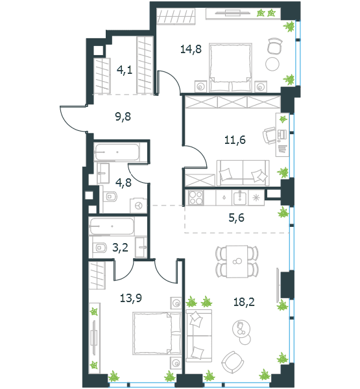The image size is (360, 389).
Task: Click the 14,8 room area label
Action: pos(191,49)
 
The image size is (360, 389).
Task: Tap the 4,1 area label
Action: pos(125,70)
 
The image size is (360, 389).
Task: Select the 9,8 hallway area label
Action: pos(123,116)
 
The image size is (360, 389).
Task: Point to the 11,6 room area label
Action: pos(235,140)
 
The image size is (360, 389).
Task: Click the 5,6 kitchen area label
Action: pos(236,218)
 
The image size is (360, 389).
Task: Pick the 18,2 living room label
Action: pos(244,302)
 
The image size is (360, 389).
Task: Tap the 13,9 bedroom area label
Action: pos(131,298)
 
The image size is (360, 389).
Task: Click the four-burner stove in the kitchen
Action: pos(196,198)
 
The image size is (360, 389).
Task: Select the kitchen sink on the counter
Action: pos(239,198)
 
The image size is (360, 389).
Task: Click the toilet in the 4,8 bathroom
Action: pos(111,196)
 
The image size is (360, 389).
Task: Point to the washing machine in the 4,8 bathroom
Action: pos(138,206)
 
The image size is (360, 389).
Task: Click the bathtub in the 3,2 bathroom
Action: pos(112,226)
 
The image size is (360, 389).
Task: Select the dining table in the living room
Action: pos(237,261)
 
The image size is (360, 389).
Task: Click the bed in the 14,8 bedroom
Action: pos(231,67)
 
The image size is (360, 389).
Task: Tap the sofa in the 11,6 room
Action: pos(243,173)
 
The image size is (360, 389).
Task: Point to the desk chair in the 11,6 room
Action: pos(269,136)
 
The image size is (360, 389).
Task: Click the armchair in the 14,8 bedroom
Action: pos(275,45)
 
